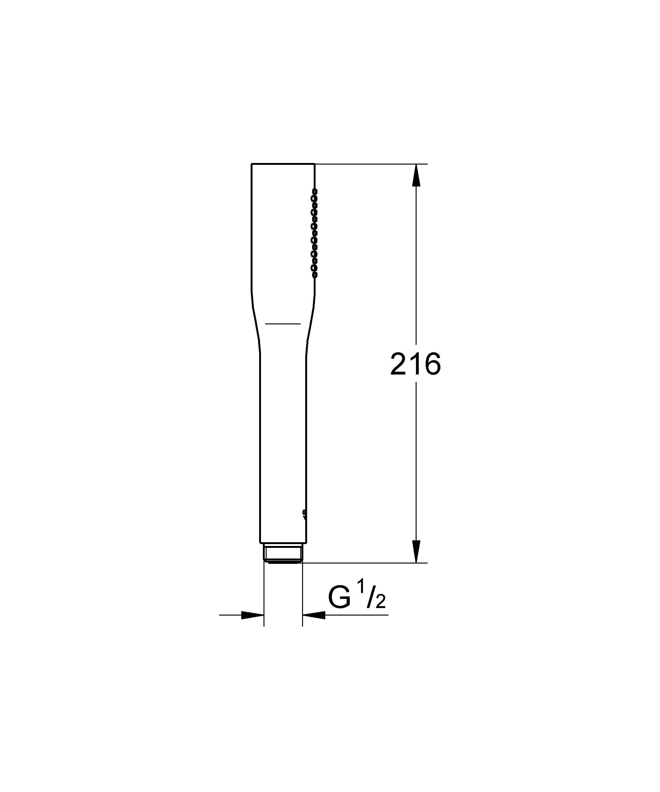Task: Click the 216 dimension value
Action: click(x=415, y=364)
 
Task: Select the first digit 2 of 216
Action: click(x=399, y=364)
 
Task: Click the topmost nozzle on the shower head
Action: click(x=314, y=191)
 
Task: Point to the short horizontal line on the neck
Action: click(x=283, y=323)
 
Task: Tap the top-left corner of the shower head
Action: click(x=252, y=164)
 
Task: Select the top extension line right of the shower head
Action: click(x=370, y=164)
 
